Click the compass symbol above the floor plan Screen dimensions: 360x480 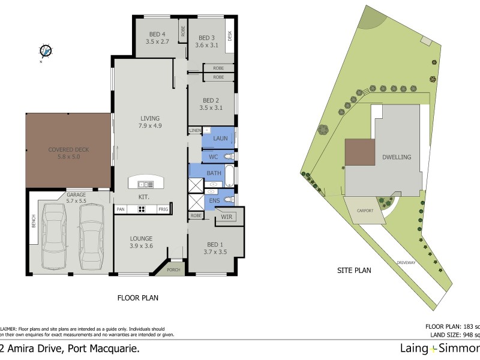46,52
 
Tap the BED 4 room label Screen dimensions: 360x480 158,37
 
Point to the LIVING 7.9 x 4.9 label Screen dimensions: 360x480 151,122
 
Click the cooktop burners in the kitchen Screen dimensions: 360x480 143,209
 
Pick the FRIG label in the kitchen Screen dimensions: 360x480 163,209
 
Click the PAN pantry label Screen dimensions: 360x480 121,209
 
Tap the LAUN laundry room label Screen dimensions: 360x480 219,139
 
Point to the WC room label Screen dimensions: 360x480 214,157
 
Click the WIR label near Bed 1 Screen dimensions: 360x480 226,216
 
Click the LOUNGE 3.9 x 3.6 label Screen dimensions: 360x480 142,242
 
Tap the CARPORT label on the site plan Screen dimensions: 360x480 364,211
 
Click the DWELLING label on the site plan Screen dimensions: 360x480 396,157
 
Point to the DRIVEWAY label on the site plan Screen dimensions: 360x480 406,263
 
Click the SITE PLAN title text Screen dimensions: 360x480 353,271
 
